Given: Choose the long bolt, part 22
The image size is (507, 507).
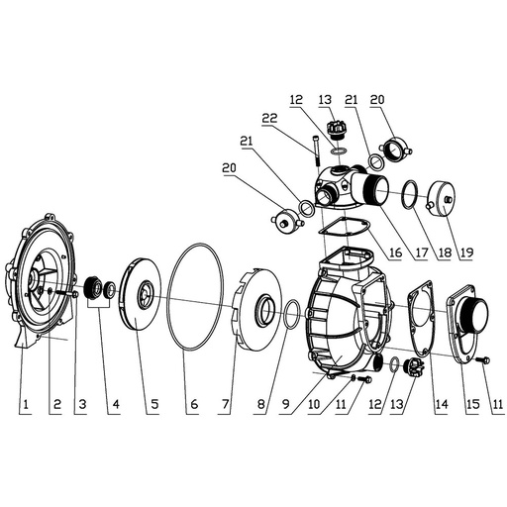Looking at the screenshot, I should [314, 156].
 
